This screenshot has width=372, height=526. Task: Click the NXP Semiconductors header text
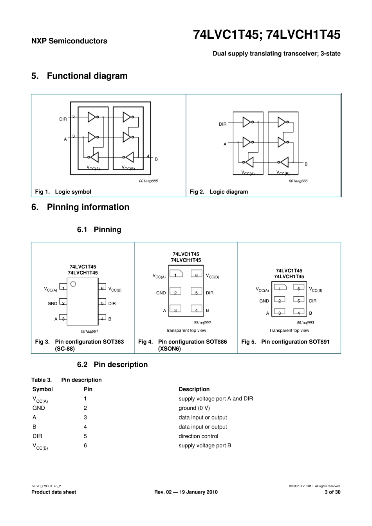coord(69,41)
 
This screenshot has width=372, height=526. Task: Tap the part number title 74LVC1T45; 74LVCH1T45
coord(267,35)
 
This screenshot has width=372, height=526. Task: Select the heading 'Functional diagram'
coord(87,76)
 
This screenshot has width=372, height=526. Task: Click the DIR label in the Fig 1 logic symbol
coord(63,119)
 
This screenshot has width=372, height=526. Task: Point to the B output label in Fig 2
coord(306,164)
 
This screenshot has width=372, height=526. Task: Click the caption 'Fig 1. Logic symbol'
coord(63,192)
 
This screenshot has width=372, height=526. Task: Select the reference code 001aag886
coord(298,181)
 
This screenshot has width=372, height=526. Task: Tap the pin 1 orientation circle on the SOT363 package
coord(73,284)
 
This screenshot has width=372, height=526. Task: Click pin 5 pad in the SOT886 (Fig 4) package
coord(197,291)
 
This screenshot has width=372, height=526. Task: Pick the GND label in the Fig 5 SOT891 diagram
coord(264,301)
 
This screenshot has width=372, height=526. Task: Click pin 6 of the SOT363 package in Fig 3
coord(102,287)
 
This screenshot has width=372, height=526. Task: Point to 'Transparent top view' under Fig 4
coord(186,330)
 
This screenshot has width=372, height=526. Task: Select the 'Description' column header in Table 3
coord(194,389)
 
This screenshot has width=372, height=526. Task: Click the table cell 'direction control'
coord(199,436)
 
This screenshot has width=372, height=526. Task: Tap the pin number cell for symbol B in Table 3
coord(85,427)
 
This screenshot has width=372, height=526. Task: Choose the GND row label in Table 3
coord(38,408)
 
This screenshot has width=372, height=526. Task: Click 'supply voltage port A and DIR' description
coord(216,398)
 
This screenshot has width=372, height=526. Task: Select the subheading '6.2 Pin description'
coord(112,364)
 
